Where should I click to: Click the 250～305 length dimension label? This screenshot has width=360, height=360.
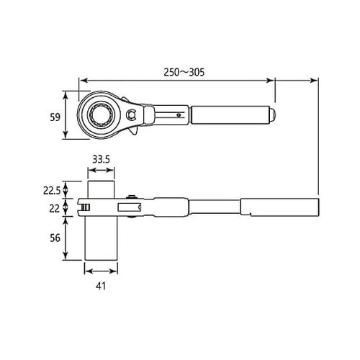184,72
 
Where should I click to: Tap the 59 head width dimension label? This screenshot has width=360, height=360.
55,117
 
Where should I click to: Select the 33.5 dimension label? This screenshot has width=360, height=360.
101,159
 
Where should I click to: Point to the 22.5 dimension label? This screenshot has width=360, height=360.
52,191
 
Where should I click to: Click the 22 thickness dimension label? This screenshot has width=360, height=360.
54,209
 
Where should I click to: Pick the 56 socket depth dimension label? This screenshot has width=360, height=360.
55,238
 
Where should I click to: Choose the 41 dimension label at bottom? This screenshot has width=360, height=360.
101,286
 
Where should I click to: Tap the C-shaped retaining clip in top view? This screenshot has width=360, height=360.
131,114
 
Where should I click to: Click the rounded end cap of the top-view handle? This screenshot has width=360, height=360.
272,115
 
